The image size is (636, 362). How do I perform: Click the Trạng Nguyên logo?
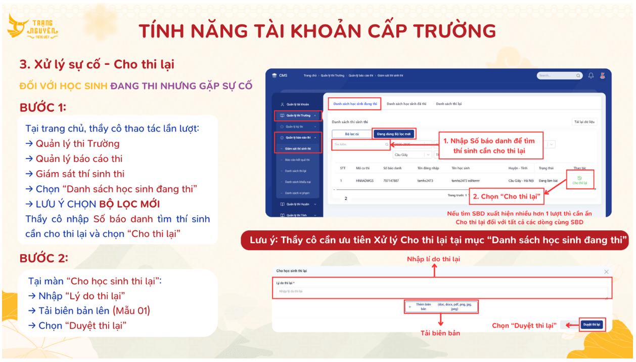point(33,28)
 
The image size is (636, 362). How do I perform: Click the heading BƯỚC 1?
point(43,107)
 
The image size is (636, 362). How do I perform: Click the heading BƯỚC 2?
point(43,258)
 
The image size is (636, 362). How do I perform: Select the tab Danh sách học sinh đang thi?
point(355,104)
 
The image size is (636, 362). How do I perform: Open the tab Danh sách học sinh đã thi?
point(406,104)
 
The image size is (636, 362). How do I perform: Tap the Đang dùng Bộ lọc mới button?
point(394,134)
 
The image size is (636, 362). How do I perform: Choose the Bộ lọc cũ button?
point(351,134)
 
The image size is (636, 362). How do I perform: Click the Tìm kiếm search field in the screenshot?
point(359,144)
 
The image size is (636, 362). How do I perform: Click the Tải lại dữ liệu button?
point(584,122)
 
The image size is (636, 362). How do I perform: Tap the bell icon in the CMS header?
point(591,75)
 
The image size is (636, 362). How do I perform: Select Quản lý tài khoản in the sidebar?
point(298,104)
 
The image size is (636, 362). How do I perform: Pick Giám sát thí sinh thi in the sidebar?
point(298,149)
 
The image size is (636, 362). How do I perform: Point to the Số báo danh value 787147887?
point(391,181)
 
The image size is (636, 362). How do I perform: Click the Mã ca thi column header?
point(362,168)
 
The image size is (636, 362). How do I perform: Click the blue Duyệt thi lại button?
point(591,325)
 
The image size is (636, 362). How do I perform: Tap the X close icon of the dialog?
point(606,272)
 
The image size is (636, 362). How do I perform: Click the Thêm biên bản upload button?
point(440,307)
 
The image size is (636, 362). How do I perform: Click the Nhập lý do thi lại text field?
point(440,292)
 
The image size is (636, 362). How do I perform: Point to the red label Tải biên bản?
point(440,333)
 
